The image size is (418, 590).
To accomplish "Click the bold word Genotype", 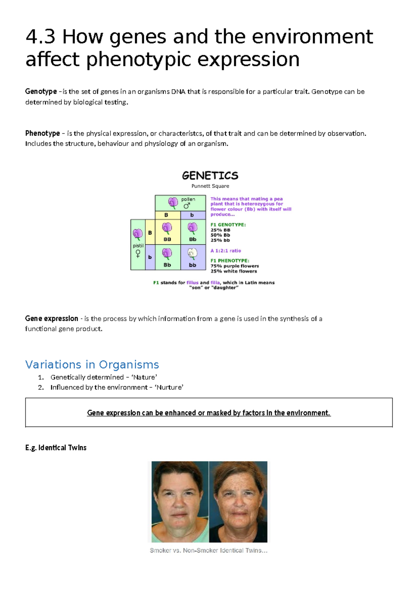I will (41, 91).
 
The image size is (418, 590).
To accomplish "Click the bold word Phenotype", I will (42, 133).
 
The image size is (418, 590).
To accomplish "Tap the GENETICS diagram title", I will (210, 175).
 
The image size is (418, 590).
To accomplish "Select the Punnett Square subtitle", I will (210, 186).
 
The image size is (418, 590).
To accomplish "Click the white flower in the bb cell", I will (192, 254).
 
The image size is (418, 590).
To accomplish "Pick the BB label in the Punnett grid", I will (167, 239).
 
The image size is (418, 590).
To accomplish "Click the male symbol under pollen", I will (187, 206).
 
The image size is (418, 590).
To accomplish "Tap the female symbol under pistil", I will (138, 254).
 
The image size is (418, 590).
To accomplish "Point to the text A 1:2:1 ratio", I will (225, 250).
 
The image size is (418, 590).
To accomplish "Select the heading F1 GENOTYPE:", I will (228, 225).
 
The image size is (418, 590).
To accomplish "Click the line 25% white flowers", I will (233, 271).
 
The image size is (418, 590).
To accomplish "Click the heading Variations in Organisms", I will (92, 365).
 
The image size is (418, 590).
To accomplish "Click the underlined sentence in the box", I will (209, 413).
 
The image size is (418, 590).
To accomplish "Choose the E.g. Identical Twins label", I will (56, 448).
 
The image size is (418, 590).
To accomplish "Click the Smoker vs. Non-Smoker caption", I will (208, 550).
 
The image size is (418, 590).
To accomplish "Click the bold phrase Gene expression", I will (52, 318).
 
